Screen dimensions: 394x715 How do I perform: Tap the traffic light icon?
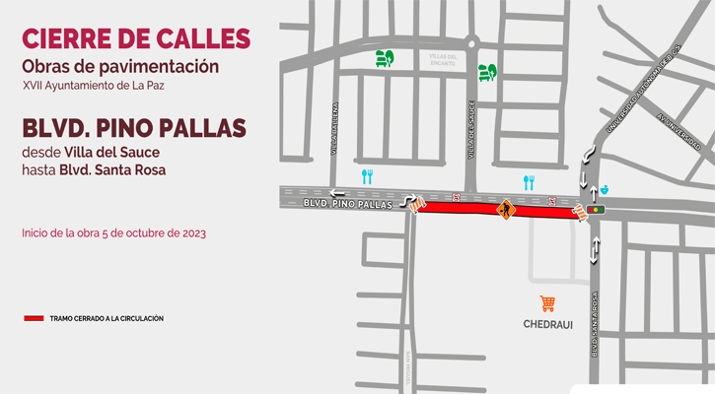pos(596,209)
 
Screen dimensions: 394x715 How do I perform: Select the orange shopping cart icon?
pos(547,303)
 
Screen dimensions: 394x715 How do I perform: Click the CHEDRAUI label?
pos(547,323)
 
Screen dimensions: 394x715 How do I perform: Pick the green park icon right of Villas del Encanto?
pos(486,72)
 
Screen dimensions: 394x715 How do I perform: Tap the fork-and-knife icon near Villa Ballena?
pos(367,176)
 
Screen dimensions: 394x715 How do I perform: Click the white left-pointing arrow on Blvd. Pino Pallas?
pos(338,193)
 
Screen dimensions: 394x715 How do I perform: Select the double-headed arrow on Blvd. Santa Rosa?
pos(594,250)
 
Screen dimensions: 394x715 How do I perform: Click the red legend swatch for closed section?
pos(34,319)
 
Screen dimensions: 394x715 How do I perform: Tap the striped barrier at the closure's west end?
pos(418,204)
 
